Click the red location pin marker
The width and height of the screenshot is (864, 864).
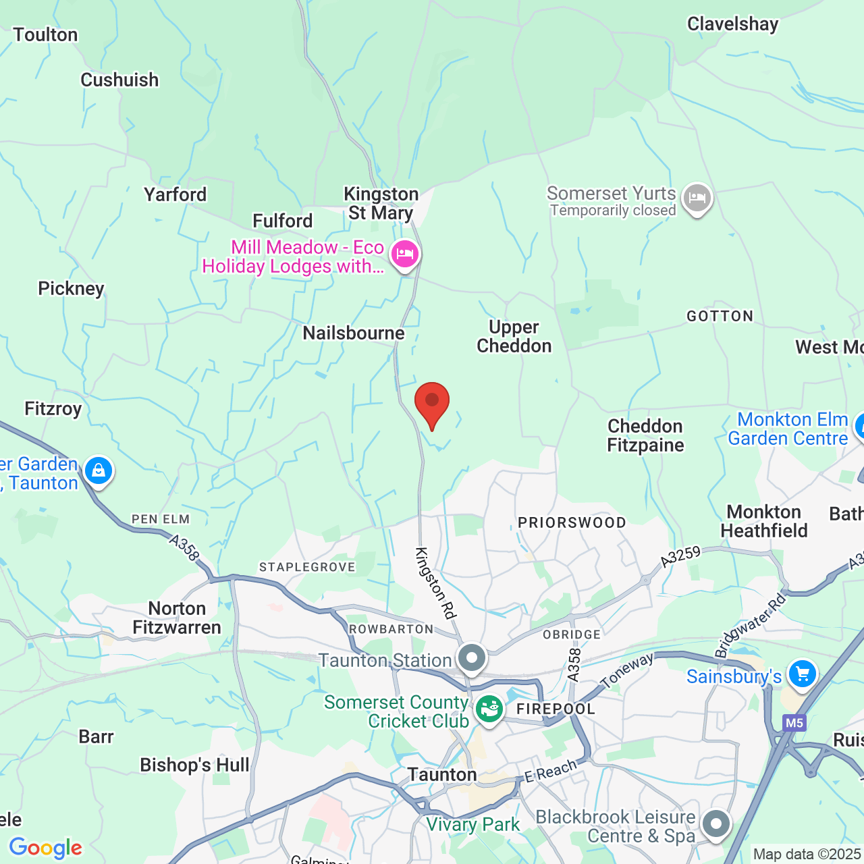click(432, 403)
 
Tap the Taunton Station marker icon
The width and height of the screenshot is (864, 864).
click(472, 657)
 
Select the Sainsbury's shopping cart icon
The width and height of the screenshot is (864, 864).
click(802, 674)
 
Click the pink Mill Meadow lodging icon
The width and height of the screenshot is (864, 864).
click(404, 254)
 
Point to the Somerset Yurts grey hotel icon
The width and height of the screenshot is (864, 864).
click(697, 198)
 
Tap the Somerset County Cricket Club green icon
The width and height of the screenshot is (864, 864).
click(489, 709)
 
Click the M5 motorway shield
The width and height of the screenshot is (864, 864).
click(794, 723)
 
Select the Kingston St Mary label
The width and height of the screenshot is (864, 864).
click(381, 203)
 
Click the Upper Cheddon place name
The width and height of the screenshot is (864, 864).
click(514, 336)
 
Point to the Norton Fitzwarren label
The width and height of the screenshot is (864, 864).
click(177, 618)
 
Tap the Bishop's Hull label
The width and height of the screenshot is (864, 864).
click(194, 765)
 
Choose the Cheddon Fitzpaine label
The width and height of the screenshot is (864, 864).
click(645, 435)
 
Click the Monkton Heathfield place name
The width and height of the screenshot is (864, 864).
click(764, 521)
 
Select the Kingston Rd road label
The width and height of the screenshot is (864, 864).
click(436, 583)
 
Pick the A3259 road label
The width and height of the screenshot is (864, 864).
click(680, 556)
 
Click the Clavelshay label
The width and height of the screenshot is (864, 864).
click(732, 24)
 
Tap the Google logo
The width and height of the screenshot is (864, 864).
click(46, 847)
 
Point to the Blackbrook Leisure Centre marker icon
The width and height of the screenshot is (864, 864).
click(715, 823)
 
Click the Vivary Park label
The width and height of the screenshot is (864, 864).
click(473, 824)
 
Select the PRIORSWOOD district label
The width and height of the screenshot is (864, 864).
click(572, 522)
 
